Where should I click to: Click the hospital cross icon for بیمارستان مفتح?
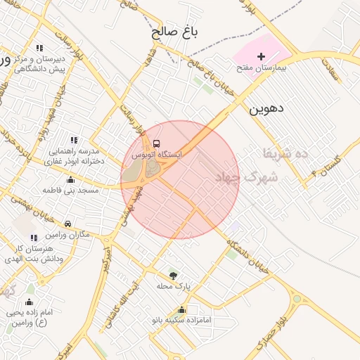click(x=262, y=56)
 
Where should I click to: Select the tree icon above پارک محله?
click(x=172, y=274)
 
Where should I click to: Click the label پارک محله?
click(x=173, y=286)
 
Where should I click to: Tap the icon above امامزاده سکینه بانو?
click(x=182, y=309)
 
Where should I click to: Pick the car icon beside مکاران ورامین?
click(x=67, y=223)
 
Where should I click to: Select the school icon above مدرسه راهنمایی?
click(x=75, y=141)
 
